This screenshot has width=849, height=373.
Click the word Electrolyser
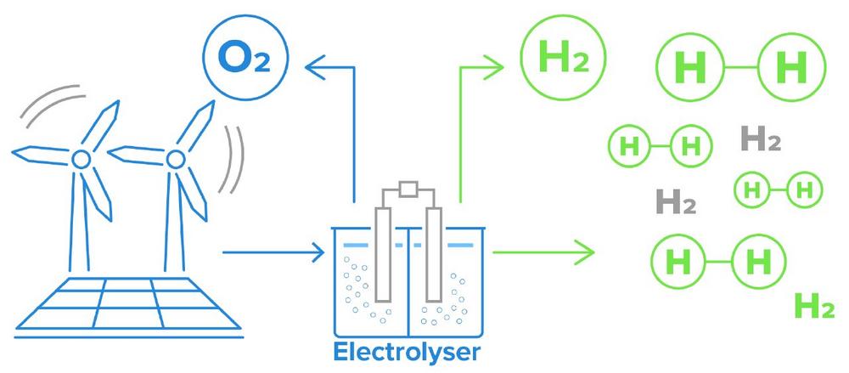coord(407,353)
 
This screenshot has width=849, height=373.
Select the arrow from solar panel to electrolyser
coord(273,252)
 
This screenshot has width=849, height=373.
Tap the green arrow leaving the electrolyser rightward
coord(543,252)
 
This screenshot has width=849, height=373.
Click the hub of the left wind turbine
coord(82,160)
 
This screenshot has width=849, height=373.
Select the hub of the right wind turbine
coord(176,160)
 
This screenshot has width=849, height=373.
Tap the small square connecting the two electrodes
coord(408,190)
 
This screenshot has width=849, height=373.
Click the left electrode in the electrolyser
coord(383,255)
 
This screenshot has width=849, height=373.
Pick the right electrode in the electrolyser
coord(434,255)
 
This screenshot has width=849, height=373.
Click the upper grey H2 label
coord(761,138)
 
